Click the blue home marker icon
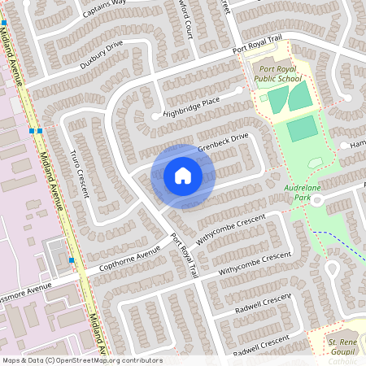pos(183,175)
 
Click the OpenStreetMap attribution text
pos(81,360)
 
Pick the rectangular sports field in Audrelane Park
pos(301,129)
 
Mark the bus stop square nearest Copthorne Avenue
pos(72,260)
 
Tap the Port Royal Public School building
pos(264,64)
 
